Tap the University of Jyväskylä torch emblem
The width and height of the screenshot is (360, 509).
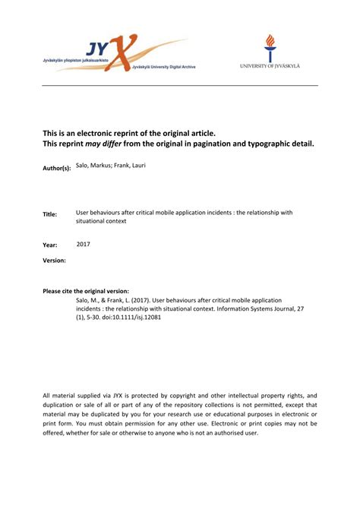pyautogui.click(x=270, y=48)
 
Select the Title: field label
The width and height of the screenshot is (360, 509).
pyautogui.click(x=50, y=214)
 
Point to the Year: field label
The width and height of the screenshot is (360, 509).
pyautogui.click(x=49, y=245)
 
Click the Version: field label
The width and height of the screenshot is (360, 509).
pyautogui.click(x=54, y=261)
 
